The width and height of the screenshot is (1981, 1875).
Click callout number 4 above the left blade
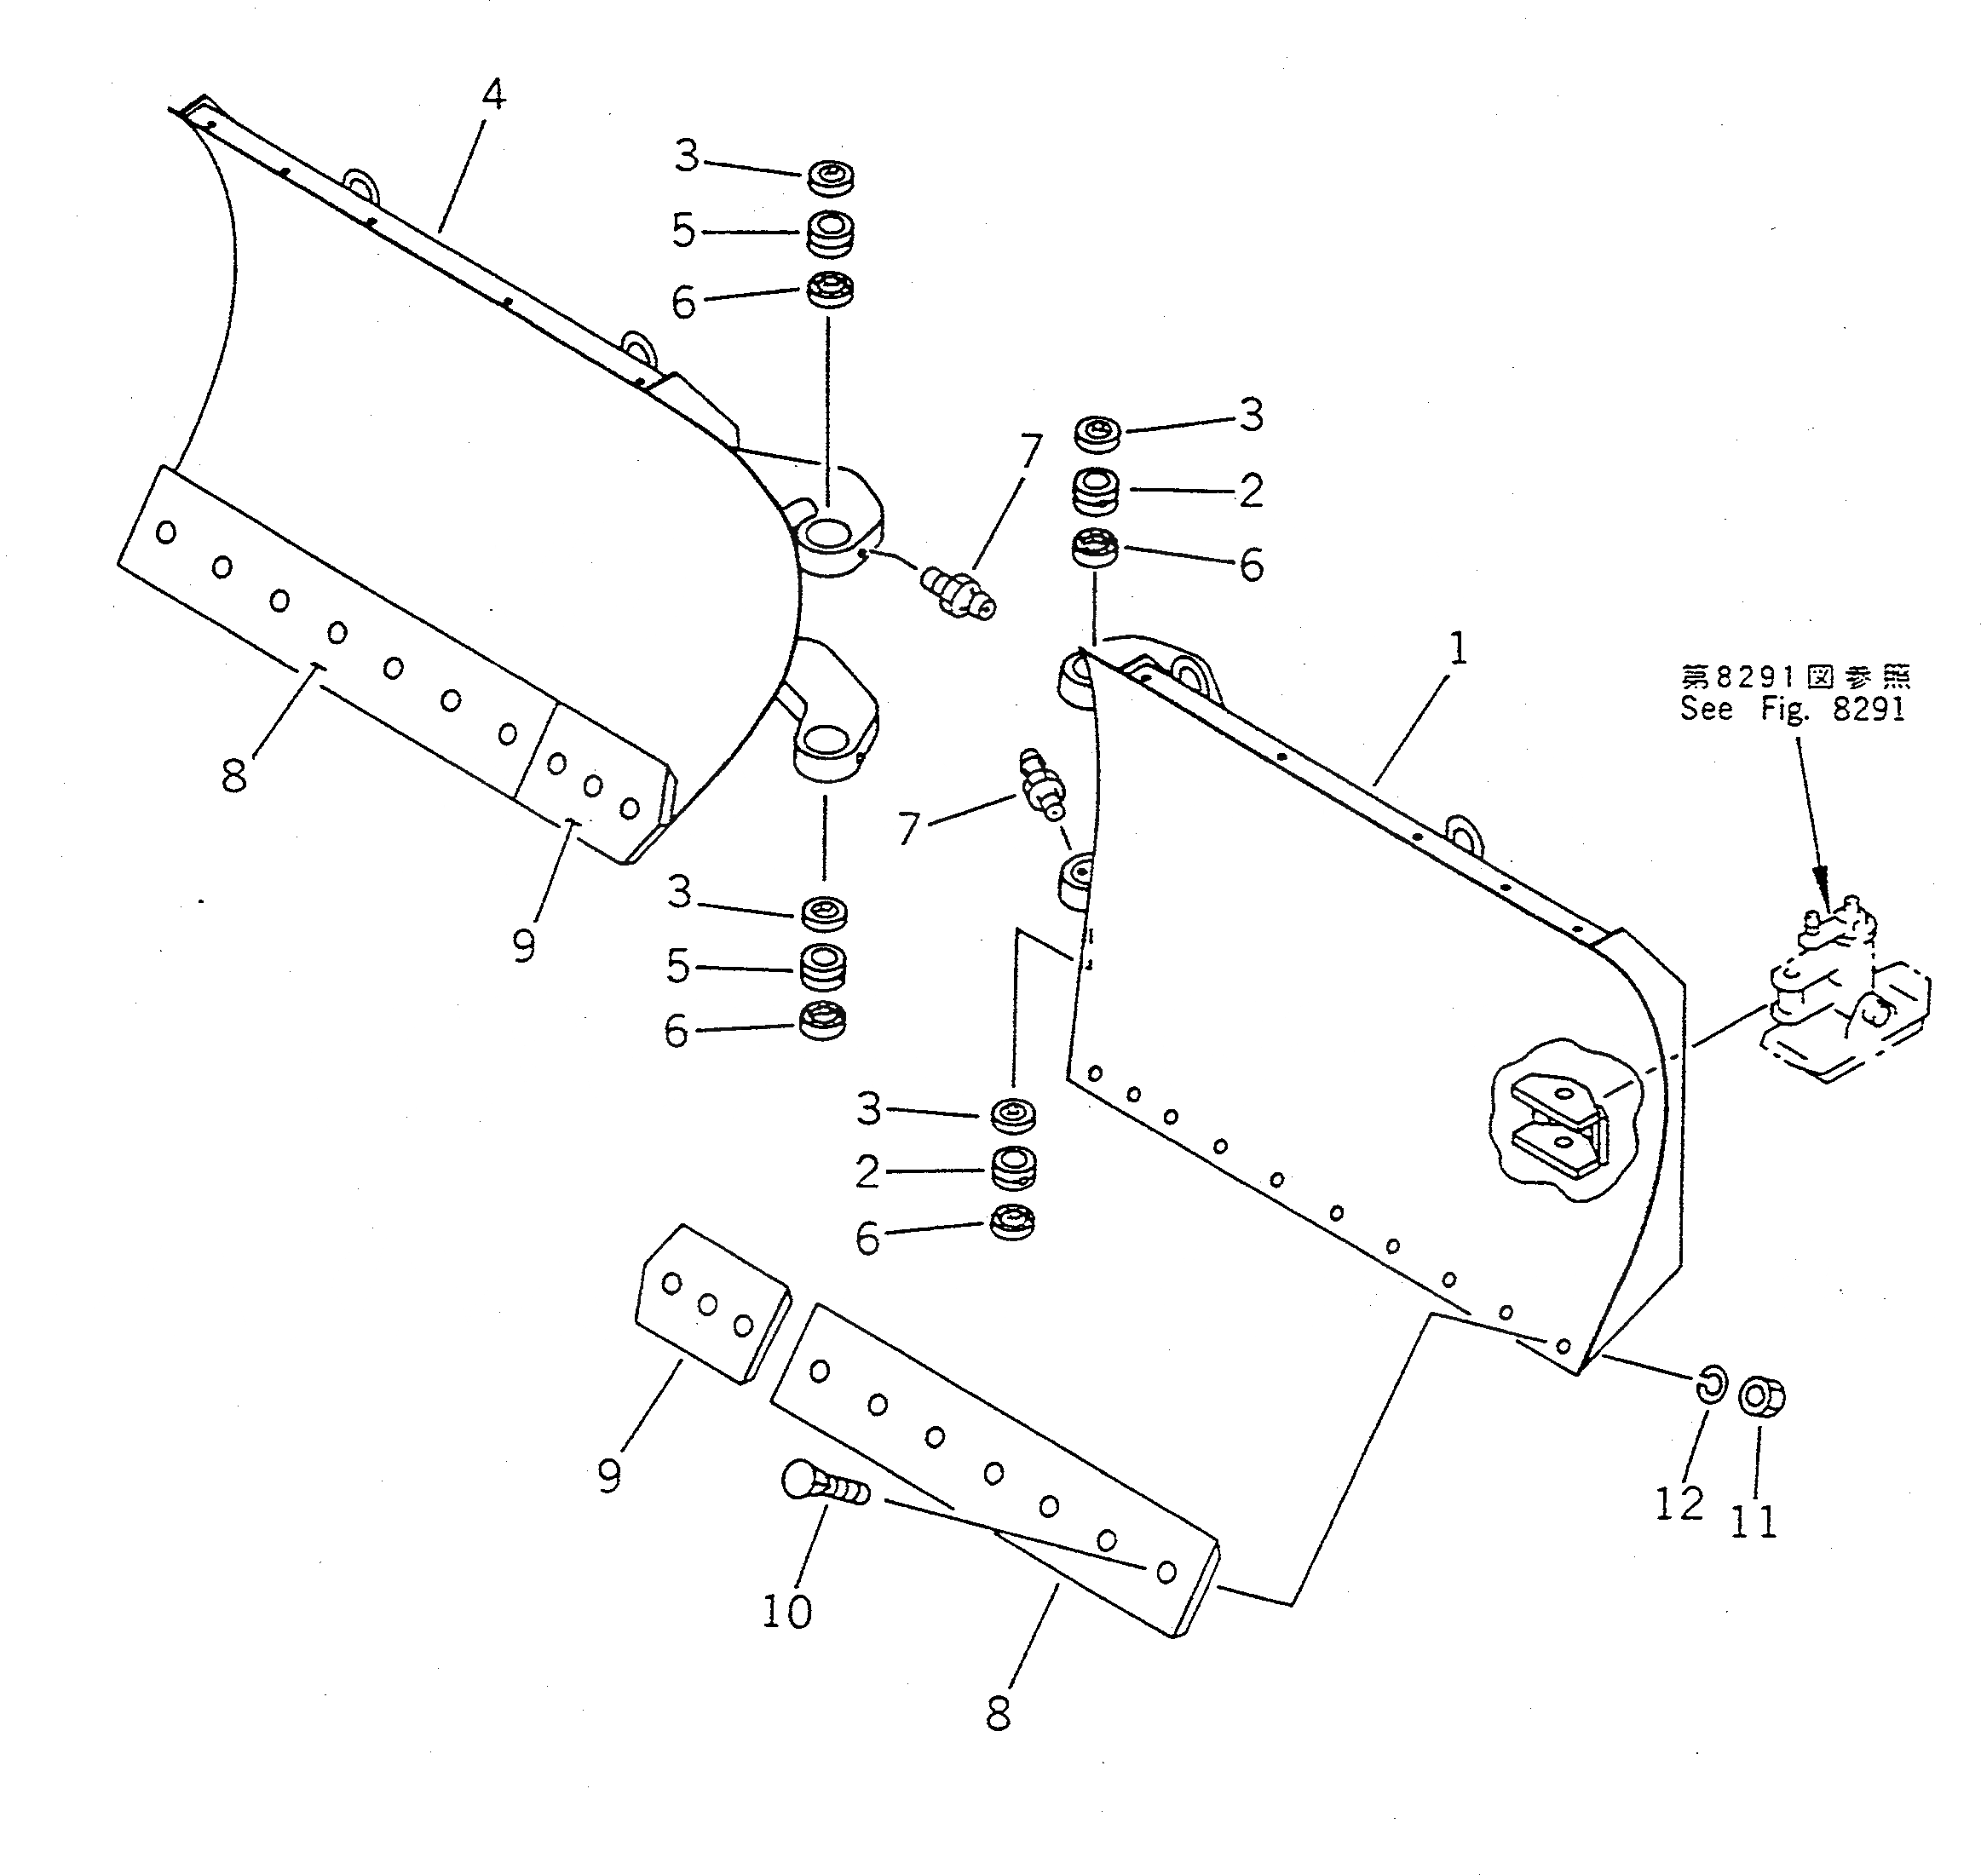[x=492, y=95]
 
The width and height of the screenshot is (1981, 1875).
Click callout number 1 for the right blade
[x=1458, y=651]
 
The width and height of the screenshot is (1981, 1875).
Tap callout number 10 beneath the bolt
[x=786, y=1611]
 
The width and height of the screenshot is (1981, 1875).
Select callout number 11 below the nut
[x=1754, y=1522]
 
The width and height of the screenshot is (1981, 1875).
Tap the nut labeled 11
[x=1762, y=1397]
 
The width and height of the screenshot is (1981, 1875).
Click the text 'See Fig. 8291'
[x=1793, y=710]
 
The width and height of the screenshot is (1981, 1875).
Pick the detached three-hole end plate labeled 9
[x=711, y=1303]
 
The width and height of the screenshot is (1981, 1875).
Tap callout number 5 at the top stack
[x=682, y=231]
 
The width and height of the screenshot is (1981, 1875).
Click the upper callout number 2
[x=1250, y=491]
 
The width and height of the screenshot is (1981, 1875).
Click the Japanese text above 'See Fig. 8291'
[x=1795, y=677]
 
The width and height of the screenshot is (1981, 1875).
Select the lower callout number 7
[x=908, y=830]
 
